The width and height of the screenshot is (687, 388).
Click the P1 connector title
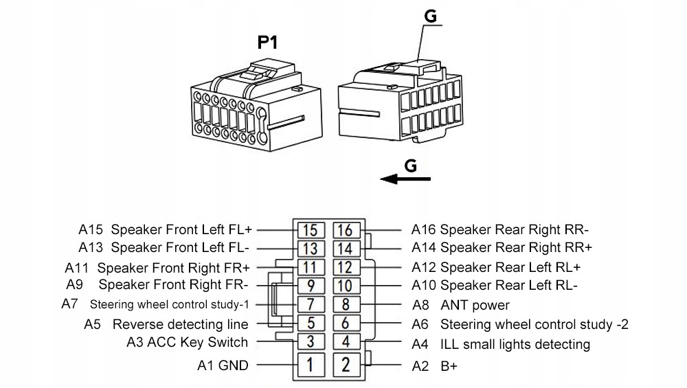click(267, 43)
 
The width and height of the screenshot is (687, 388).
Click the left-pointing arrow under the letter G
click(405, 179)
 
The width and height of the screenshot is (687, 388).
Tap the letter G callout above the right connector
click(430, 16)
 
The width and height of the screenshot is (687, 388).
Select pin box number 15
click(311, 229)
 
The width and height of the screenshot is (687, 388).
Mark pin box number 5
click(311, 323)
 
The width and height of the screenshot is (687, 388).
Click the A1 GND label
click(223, 365)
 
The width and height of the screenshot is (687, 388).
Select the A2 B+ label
click(434, 366)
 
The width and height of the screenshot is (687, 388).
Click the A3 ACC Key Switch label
click(188, 342)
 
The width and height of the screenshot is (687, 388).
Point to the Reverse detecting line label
click(180, 323)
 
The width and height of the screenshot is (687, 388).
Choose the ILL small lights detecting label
click(515, 343)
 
